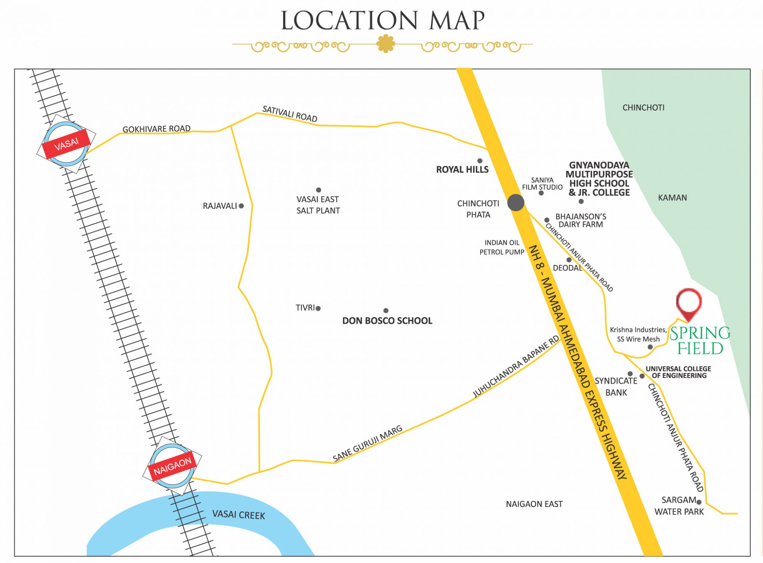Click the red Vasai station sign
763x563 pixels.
66,144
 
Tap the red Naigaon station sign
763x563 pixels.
172,466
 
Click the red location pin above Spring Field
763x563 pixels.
689,304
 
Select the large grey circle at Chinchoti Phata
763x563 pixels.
516,203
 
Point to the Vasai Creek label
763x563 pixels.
238,515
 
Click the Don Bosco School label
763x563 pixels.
387,321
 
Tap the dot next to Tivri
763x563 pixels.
318,308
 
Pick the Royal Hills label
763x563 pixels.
462,170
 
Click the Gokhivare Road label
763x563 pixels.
156,129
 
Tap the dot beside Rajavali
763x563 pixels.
241,206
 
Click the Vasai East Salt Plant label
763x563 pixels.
318,205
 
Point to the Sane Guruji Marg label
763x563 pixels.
367,444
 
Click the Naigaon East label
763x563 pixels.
534,504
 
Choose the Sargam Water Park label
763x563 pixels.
679,506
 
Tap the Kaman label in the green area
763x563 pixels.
672,198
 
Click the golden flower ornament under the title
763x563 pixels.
386,44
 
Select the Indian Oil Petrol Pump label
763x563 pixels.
502,247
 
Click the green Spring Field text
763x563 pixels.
700,340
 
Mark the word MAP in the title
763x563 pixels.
457,21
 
